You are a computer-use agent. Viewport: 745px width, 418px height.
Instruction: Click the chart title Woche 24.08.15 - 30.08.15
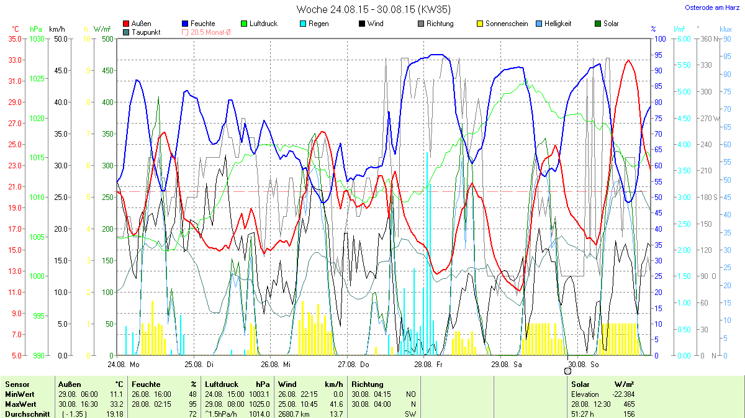373,9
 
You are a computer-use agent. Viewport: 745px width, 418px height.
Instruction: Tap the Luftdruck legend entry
263,24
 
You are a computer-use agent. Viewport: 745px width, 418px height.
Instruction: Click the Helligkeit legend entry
558,24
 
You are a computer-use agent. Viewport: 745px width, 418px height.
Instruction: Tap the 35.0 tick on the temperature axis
15,39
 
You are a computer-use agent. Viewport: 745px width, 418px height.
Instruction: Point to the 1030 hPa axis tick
38,39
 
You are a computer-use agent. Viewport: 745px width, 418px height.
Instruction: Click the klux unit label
725,29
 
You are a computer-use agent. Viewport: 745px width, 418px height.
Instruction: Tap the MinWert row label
19,394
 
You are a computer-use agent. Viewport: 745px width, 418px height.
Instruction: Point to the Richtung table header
368,384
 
